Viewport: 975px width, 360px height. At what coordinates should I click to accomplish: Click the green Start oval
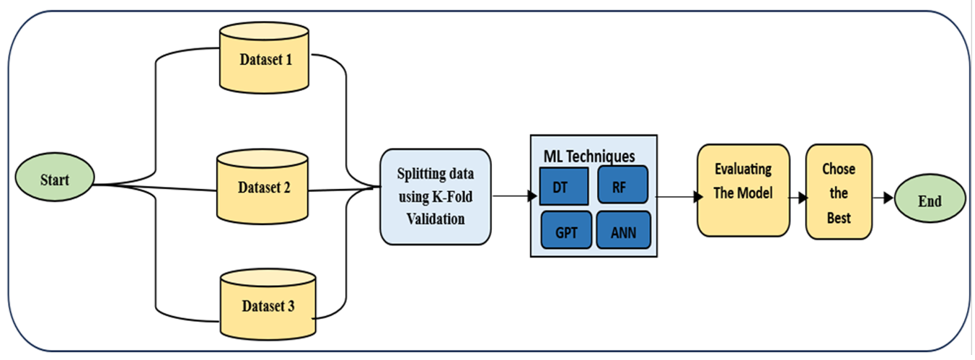point(55,179)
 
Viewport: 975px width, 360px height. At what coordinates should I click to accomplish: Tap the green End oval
point(930,201)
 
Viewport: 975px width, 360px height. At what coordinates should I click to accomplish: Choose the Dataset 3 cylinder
point(268,305)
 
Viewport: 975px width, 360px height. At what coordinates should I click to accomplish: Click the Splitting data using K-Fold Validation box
point(435,196)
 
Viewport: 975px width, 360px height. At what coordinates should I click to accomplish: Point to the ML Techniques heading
point(590,154)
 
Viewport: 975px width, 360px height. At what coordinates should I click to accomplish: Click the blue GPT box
point(566,231)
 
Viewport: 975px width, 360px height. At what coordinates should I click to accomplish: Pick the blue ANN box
point(623,231)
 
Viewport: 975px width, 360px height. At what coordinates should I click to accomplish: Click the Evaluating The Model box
point(743,190)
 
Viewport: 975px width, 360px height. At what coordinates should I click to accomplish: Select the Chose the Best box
point(838,192)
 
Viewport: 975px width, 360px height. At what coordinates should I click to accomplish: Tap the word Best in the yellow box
point(839,217)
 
